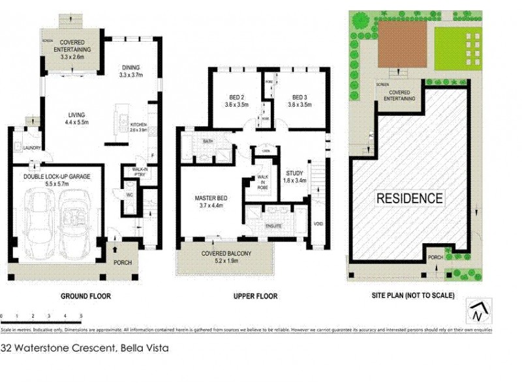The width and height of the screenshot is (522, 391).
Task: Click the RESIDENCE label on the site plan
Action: click(x=409, y=198)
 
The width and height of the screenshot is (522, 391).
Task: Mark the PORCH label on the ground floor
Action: click(x=122, y=263)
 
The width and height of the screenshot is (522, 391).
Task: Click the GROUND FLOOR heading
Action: click(x=85, y=297)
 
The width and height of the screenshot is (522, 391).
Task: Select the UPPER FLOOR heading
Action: click(x=255, y=297)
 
